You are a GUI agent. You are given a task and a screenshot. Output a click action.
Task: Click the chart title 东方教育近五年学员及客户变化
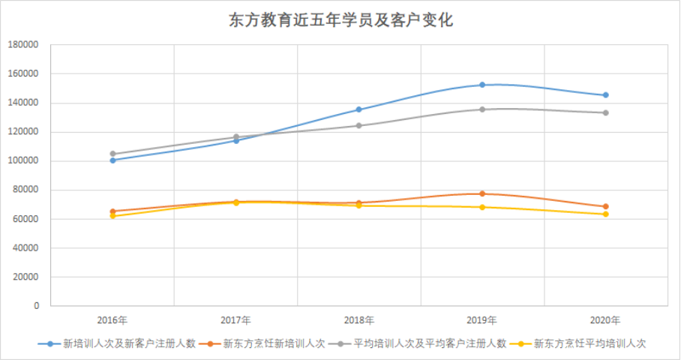pos(340,20)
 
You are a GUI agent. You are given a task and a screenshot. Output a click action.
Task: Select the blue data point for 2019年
pos(482,85)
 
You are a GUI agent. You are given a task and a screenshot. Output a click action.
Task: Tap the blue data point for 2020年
pos(605,95)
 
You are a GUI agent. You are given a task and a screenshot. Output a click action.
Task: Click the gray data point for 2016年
pos(113,154)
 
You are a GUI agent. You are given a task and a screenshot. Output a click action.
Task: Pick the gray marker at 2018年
pos(359,125)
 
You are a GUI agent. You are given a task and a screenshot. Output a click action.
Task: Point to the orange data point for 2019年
pos(482,193)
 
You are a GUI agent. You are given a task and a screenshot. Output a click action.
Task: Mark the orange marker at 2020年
pos(605,206)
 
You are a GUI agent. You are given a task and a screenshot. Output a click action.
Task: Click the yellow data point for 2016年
pos(113,216)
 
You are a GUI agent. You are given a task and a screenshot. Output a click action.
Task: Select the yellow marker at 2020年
pos(605,214)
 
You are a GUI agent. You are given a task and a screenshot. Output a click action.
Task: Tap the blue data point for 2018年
pos(359,109)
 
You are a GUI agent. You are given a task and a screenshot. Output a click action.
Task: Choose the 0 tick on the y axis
pos(35,306)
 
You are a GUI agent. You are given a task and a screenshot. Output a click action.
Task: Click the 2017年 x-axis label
pos(236,320)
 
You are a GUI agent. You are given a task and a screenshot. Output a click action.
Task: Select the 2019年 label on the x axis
pos(482,320)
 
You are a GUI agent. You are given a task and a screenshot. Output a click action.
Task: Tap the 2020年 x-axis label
pos(605,320)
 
